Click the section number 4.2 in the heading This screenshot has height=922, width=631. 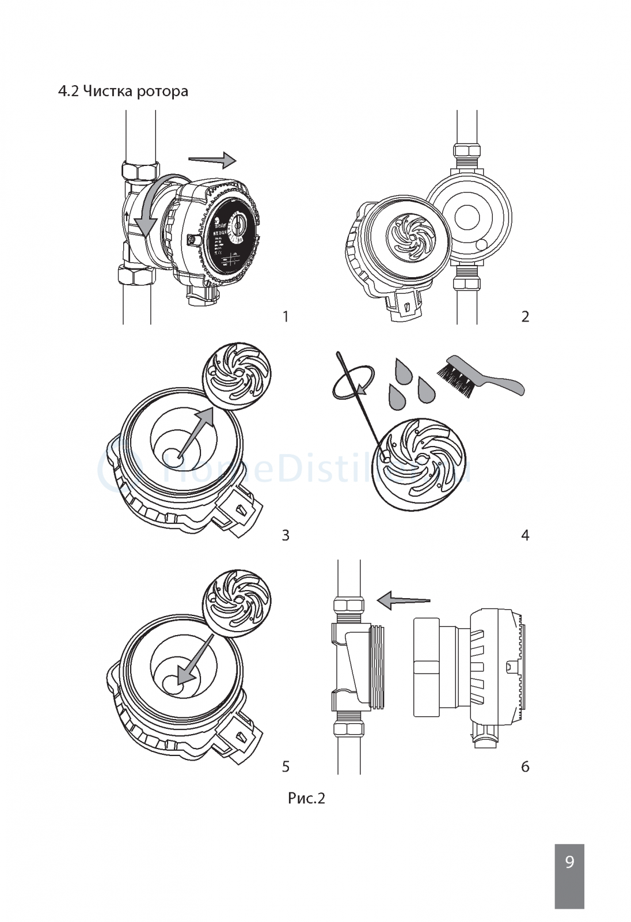click(69, 90)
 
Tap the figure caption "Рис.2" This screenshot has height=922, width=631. click(306, 798)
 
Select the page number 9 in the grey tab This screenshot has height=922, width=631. click(569, 862)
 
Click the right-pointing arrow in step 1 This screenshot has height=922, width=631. click(212, 159)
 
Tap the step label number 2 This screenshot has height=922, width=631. click(524, 316)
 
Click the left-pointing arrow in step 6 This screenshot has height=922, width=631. click(402, 600)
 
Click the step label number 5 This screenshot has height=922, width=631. click(286, 766)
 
